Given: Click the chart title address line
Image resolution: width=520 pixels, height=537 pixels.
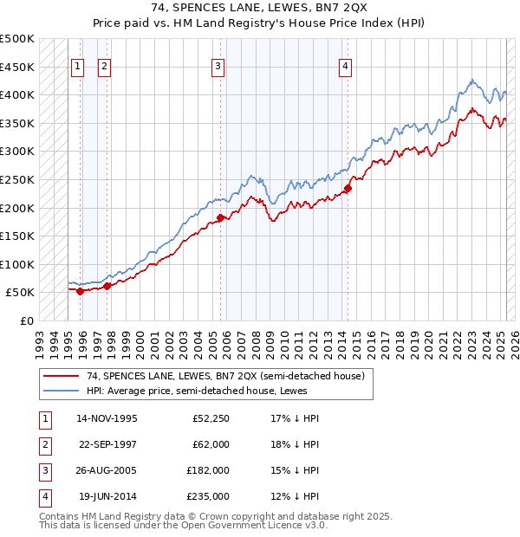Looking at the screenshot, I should coord(260,8).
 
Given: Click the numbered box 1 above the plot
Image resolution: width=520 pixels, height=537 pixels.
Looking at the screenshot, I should coord(77,66).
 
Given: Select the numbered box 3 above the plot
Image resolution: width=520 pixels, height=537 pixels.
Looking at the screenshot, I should coord(218,66).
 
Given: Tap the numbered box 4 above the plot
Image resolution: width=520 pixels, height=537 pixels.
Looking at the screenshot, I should coord(345,66).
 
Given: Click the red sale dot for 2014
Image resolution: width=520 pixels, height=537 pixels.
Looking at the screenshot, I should coord(348,188).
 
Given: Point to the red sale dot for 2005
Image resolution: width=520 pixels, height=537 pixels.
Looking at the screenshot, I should coord(221,217).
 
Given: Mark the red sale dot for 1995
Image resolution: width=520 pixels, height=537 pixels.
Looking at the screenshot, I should coord(81,291).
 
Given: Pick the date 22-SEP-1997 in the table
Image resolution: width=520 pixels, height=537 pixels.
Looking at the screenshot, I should coord(107,444).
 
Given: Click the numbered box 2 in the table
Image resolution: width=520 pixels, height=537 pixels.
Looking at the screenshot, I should coord(44,444).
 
